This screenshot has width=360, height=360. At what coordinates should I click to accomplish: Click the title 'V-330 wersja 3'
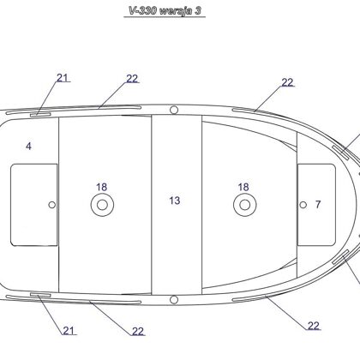tap(165, 11)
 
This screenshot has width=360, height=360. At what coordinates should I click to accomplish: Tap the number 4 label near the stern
tap(28, 147)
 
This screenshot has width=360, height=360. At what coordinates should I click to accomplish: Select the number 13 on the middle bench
tap(175, 201)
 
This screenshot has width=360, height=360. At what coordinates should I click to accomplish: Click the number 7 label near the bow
tap(318, 204)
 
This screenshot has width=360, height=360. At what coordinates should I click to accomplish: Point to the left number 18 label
tap(101, 187)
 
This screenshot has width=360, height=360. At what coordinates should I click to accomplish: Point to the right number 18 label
tap(243, 187)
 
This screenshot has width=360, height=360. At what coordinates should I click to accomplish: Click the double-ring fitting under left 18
tap(102, 205)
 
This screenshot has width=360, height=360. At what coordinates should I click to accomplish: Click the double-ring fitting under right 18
tap(245, 205)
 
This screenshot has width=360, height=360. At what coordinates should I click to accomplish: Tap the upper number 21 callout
tap(63, 78)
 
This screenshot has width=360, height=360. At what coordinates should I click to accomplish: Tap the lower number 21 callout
tap(69, 331)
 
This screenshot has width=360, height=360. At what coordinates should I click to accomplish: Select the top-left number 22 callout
tap(132, 79)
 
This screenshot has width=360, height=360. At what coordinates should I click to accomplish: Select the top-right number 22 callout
tap(287, 82)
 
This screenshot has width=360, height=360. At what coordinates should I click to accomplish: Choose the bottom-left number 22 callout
tap(138, 332)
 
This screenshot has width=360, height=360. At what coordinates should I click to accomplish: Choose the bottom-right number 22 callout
tap(314, 326)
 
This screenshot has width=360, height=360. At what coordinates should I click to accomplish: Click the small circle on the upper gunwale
tap(174, 110)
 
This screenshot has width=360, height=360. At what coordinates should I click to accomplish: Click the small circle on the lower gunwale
tap(174, 300)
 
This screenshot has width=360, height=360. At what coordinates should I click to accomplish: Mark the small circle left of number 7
tap(303, 205)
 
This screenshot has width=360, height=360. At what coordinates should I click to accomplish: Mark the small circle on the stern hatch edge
tap(51, 205)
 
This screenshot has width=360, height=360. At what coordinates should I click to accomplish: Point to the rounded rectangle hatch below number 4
tap(11, 205)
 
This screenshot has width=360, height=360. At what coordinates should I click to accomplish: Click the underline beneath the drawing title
tap(165, 17)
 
